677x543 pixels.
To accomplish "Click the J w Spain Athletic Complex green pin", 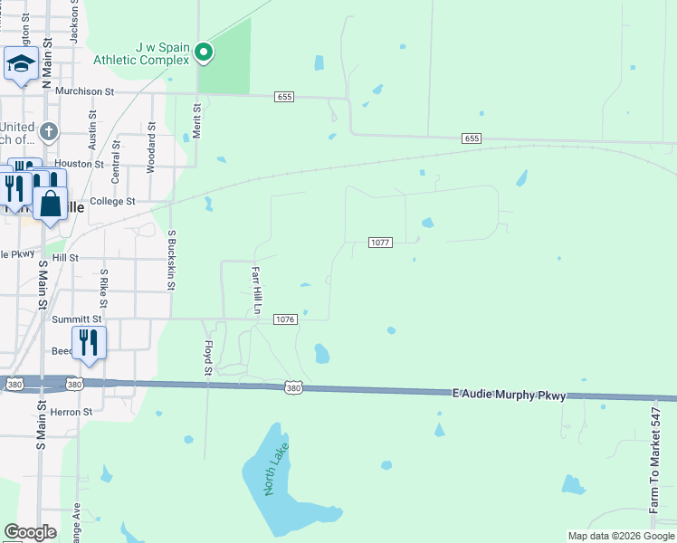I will tap(205, 52).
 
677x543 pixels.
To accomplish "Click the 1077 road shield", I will tap(380, 243).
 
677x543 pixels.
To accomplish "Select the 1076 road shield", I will tap(285, 319).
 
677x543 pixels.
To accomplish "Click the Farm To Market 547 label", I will tap(656, 460).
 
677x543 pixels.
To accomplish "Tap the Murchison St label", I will tap(84, 91).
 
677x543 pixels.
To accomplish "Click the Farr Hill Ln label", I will tap(256, 289).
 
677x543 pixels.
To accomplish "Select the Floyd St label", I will tap(207, 357).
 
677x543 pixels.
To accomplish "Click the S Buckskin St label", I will tap(170, 259).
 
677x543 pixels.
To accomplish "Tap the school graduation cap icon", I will tap(20, 65).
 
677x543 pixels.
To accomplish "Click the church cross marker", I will tap(49, 131).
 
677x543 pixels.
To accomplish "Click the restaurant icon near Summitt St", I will tap(89, 342).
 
